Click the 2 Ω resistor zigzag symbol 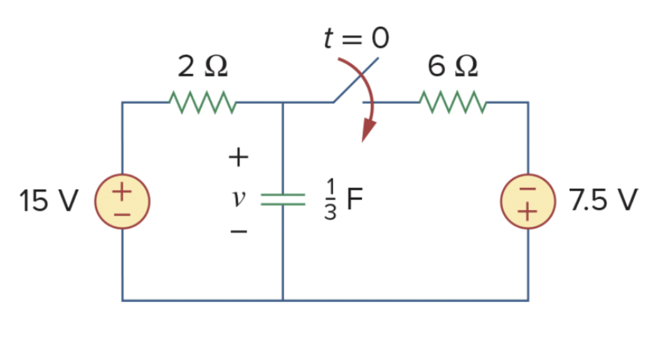pos(203,103)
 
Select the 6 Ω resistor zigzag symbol pos(452,103)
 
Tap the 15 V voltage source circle pos(122,201)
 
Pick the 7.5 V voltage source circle pos(528,201)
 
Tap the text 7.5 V pos(604,201)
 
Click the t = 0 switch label pos(356,39)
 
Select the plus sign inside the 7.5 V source pos(528,212)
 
